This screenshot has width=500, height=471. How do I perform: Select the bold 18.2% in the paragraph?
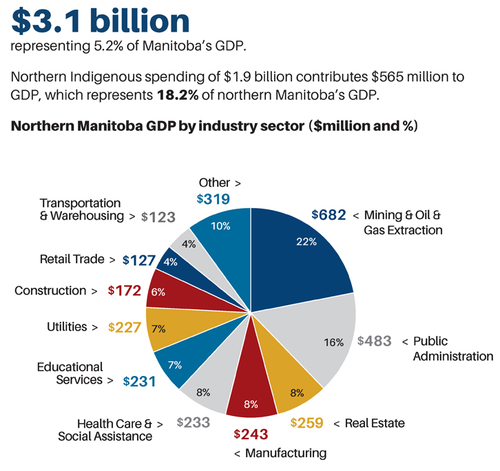pos(178,95)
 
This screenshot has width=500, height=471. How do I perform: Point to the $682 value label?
pos(329,215)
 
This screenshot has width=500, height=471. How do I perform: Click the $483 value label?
pos(375,341)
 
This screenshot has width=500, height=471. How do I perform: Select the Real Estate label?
pos(374,423)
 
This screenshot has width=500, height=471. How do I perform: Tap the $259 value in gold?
pos(308,423)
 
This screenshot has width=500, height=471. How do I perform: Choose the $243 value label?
pos(250,435)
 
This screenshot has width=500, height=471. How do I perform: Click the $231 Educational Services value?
pos(140,381)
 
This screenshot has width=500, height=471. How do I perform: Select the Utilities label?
pos(67,326)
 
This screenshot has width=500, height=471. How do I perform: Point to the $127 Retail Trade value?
pos(140,260)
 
